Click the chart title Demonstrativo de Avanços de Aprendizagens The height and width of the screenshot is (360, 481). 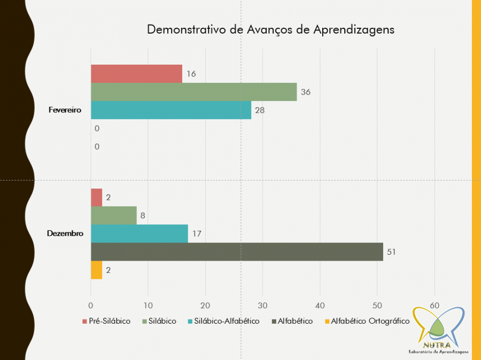pyautogui.click(x=270, y=29)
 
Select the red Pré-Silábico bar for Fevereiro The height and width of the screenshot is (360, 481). pyautogui.click(x=136, y=74)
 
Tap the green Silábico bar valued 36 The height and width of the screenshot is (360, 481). pyautogui.click(x=193, y=92)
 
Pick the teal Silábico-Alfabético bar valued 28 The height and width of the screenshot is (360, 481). pyautogui.click(x=171, y=110)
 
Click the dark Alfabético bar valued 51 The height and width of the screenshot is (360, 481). pyautogui.click(x=237, y=252)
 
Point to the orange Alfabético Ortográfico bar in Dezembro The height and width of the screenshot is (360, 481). pyautogui.click(x=96, y=270)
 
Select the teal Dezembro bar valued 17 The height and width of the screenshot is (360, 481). pyautogui.click(x=139, y=233)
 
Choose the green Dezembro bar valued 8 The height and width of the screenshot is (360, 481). pyautogui.click(x=114, y=215)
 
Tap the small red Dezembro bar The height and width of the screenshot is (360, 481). pyautogui.click(x=96, y=197)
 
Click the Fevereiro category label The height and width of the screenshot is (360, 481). pyautogui.click(x=64, y=110)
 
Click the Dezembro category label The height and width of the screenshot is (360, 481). pyautogui.click(x=65, y=233)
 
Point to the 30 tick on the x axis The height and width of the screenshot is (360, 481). pyautogui.click(x=262, y=305)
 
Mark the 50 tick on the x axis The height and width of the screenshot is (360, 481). pyautogui.click(x=377, y=305)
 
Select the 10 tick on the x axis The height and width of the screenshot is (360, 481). pyautogui.click(x=148, y=305)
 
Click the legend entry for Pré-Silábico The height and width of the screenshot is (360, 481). pyautogui.click(x=106, y=321)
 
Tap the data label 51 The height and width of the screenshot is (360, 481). pyautogui.click(x=391, y=252)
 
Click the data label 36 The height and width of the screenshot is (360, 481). pyautogui.click(x=305, y=92)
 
